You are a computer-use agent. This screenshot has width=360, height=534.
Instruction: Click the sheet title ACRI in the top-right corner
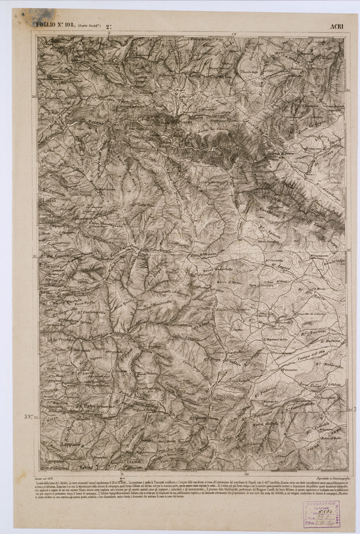point(336,26)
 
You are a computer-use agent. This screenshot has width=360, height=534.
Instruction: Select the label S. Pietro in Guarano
point(96,407)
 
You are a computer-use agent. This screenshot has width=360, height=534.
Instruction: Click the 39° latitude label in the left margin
point(28,416)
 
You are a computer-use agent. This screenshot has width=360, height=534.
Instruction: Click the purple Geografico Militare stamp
point(320,514)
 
